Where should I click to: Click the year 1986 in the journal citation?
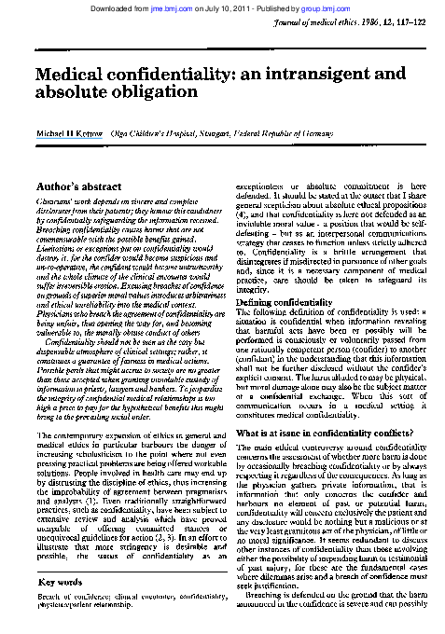coord(374,21)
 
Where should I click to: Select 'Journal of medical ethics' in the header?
coord(322,21)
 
